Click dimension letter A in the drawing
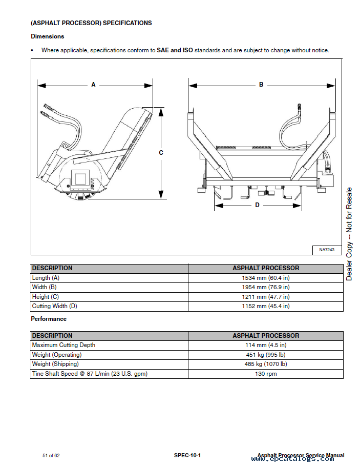(x=93, y=85)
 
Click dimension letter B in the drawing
(x=261, y=85)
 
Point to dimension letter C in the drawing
(x=161, y=153)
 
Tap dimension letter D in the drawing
(x=257, y=205)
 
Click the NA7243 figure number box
(x=326, y=250)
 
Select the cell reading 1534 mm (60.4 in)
(x=265, y=278)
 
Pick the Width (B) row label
(x=45, y=287)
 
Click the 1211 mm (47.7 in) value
(x=265, y=297)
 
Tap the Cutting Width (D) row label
(x=55, y=306)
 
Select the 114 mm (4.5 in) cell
(x=265, y=345)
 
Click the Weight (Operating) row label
(x=57, y=355)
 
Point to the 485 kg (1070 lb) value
(x=265, y=364)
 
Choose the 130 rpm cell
(x=265, y=374)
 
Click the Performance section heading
(x=49, y=319)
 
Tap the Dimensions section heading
(x=48, y=36)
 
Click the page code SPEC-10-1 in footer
(x=187, y=456)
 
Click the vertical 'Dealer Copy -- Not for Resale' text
(x=349, y=234)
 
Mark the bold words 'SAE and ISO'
(x=175, y=50)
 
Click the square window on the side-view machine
(x=79, y=178)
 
